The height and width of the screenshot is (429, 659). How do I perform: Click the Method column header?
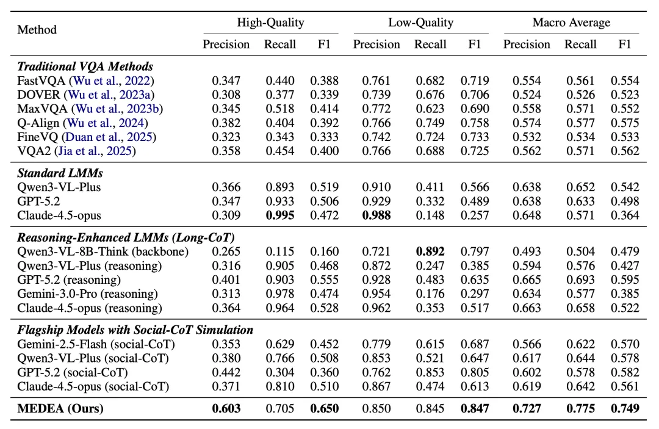[37, 30]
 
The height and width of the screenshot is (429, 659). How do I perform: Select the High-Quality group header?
[271, 22]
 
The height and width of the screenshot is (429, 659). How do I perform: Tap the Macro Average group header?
[571, 22]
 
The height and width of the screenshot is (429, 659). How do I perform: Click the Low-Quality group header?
[420, 22]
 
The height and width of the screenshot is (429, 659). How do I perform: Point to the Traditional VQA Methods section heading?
[85, 67]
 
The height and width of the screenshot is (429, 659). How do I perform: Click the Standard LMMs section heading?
[60, 173]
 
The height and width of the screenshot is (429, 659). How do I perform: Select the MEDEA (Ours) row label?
[60, 408]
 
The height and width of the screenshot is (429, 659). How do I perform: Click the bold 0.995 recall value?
[280, 215]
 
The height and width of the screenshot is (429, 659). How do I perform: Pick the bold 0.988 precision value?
[376, 215]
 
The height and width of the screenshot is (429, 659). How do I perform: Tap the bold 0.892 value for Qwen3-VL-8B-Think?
[430, 251]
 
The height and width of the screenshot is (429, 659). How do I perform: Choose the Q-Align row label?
[39, 123]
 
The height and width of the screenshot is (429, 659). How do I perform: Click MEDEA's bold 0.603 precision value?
[226, 408]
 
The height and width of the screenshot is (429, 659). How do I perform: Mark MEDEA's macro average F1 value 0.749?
[625, 408]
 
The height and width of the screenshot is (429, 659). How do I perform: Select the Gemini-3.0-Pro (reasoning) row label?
[87, 294]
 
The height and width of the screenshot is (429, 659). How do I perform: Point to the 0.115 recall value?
[280, 251]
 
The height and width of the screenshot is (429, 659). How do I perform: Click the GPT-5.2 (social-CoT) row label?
[73, 372]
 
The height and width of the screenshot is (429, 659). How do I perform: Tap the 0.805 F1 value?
[475, 372]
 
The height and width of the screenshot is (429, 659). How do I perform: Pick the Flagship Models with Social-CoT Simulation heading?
[135, 330]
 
